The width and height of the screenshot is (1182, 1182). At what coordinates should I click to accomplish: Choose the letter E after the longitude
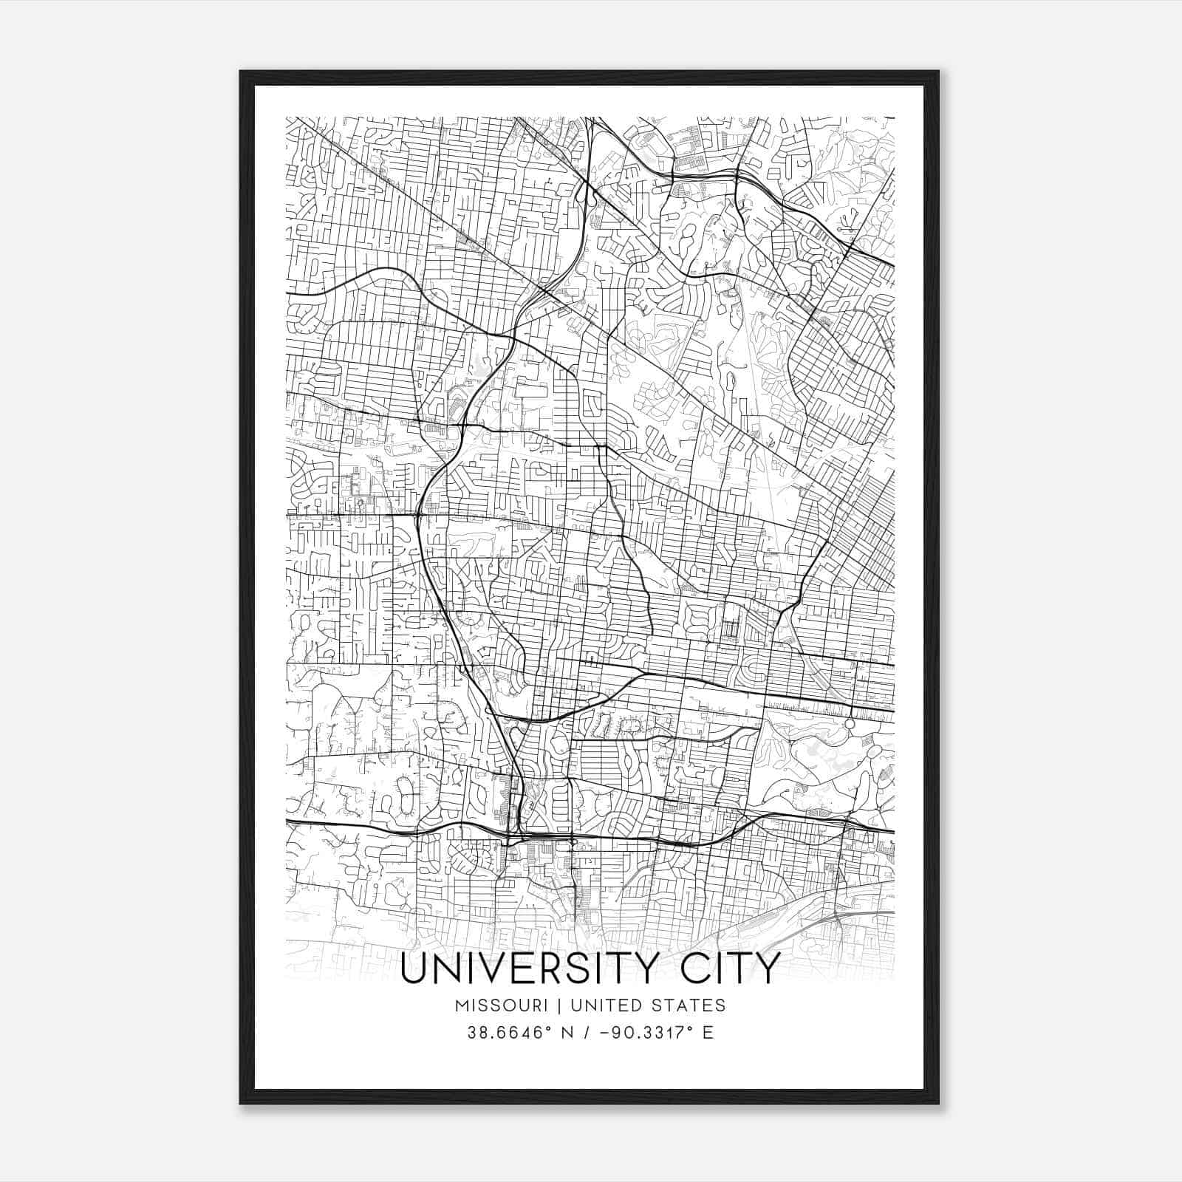pyautogui.click(x=708, y=1033)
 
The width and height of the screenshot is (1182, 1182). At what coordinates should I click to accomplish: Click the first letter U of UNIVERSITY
pyautogui.click(x=414, y=969)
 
